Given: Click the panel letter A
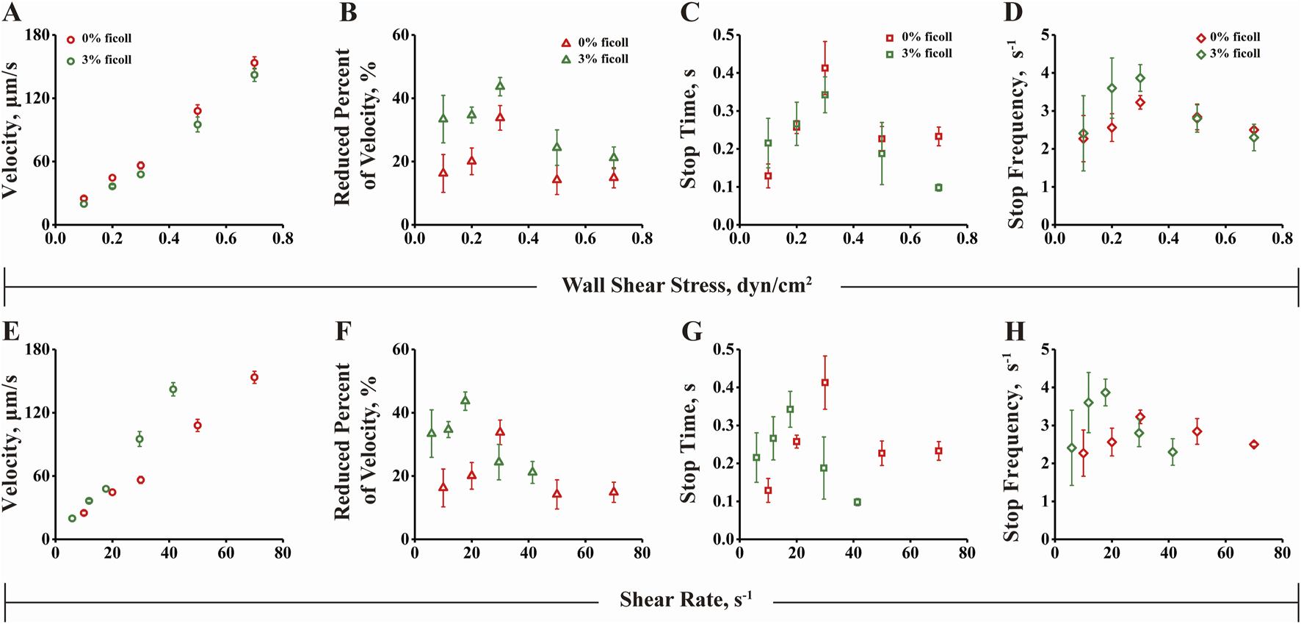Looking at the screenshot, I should pos(12,12).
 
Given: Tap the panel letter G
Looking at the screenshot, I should pos(692,331).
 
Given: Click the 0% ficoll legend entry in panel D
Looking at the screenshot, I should pos(1227,37).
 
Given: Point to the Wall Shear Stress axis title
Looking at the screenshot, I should pos(686,285).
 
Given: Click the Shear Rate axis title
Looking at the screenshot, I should pos(686,600).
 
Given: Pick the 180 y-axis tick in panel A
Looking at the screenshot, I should pos(37,35).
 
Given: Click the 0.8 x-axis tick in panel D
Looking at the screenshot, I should pos(1282,239).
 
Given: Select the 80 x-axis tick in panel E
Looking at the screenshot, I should pos(283,553).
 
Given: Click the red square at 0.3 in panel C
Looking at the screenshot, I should pos(825,68).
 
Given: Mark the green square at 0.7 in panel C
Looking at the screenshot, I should pos(938,187).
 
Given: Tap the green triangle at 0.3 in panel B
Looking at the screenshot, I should pos(500,86).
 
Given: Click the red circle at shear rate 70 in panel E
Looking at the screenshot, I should pos(254,377).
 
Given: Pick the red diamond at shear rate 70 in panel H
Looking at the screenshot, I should pos(1254,445).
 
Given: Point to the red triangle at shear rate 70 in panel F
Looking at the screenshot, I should pos(614,492).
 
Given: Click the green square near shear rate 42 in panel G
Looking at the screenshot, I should pos(858,502).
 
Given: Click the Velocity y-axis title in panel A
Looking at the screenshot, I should pos(10,130).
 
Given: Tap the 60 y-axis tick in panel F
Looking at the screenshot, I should pos(399,350).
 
